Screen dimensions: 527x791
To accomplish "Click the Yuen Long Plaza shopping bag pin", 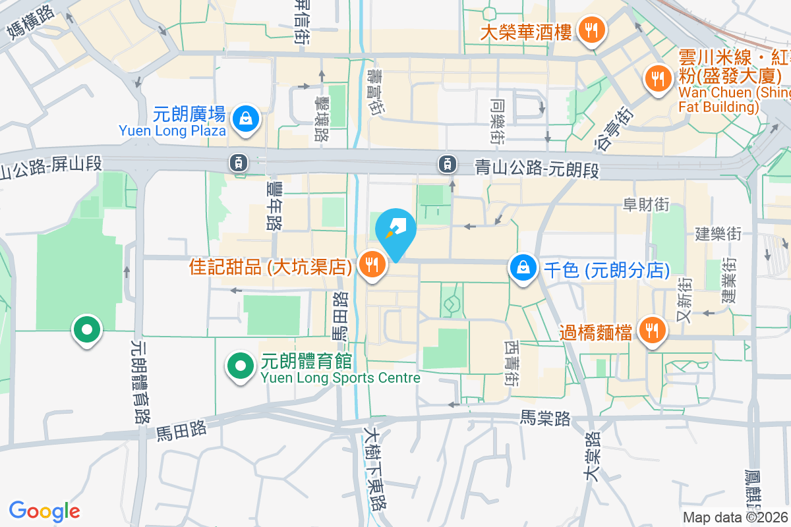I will click(x=245, y=119).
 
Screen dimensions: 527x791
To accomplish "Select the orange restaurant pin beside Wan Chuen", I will click(x=657, y=79).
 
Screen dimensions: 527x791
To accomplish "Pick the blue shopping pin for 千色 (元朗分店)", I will click(x=523, y=268).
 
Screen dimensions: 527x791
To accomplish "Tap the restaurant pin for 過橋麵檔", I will click(x=652, y=331).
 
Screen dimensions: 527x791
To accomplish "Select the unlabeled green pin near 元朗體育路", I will click(x=86, y=329).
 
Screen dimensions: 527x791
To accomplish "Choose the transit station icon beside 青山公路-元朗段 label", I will click(x=448, y=163).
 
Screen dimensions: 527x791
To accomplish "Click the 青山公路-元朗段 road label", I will click(x=537, y=170).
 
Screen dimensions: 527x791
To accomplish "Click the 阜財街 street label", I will click(x=646, y=205).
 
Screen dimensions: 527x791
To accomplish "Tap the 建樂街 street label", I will click(x=718, y=233).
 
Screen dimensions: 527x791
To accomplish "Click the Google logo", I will click(x=44, y=511).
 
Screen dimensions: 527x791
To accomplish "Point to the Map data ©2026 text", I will click(x=735, y=518).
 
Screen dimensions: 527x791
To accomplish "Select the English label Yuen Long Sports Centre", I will click(x=340, y=378).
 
